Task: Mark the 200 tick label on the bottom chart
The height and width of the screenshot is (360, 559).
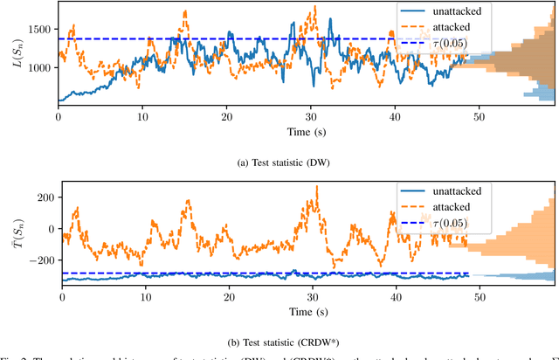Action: click(42, 197)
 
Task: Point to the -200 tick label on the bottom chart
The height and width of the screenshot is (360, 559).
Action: click(39, 260)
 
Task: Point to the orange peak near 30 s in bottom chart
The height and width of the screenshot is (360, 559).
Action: click(316, 187)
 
